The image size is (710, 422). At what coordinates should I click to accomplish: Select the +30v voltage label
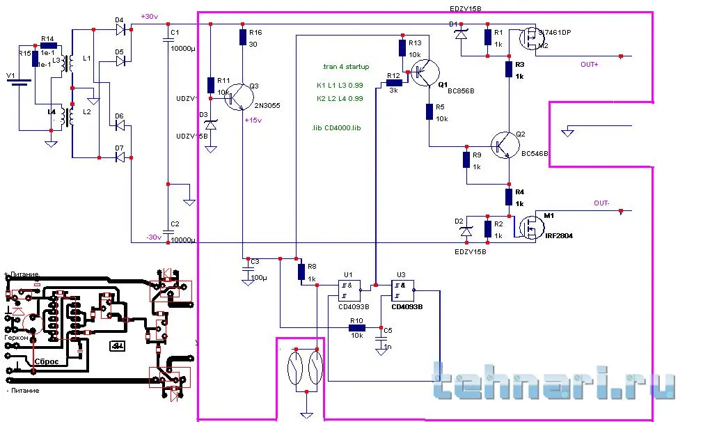click(149, 17)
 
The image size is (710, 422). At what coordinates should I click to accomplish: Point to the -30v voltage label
click(153, 237)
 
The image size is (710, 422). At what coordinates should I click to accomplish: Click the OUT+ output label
click(589, 64)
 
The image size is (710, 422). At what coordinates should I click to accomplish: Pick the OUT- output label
click(601, 203)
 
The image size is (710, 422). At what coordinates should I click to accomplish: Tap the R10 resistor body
click(357, 327)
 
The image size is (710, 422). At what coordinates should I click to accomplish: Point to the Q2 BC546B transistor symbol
click(502, 145)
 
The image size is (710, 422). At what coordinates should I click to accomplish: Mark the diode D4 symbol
click(123, 29)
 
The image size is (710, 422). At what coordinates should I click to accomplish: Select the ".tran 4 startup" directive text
click(346, 67)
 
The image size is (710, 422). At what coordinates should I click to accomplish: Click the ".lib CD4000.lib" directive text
click(337, 128)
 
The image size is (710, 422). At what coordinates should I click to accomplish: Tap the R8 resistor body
click(301, 271)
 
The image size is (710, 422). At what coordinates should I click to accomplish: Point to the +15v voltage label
click(253, 120)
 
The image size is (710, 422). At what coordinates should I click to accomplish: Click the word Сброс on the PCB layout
click(47, 362)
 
